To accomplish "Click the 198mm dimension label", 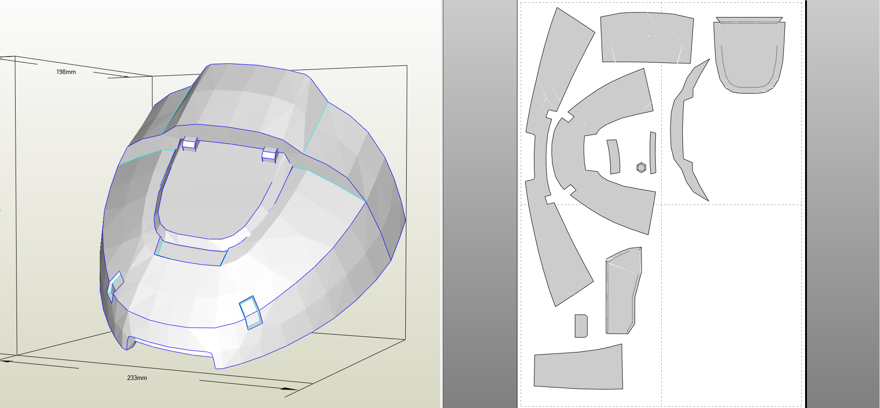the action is click(66, 72).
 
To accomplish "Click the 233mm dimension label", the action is click(137, 378).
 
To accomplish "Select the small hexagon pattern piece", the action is click(642, 167).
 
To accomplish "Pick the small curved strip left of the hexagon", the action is click(614, 157).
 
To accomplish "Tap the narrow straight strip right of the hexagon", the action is click(653, 153).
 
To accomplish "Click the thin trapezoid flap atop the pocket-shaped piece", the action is click(749, 20).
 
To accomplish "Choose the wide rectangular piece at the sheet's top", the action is click(647, 38).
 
